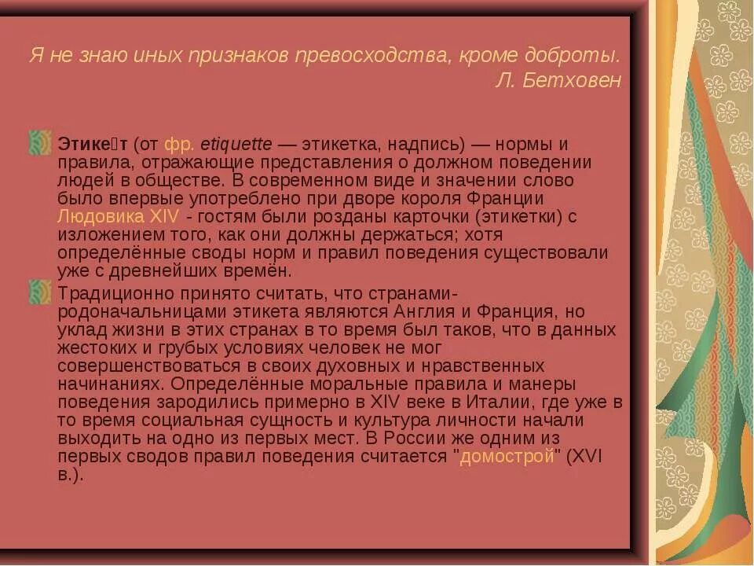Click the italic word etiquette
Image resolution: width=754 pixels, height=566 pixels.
[x=236, y=145]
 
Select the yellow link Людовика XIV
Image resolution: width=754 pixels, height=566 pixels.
[x=118, y=217]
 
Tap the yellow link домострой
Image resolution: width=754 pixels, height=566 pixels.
[x=507, y=458]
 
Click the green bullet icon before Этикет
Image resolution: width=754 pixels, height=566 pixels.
[x=39, y=143]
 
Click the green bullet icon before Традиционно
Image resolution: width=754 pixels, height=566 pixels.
[x=39, y=292]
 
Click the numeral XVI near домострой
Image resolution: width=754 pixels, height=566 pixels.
[x=584, y=458]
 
